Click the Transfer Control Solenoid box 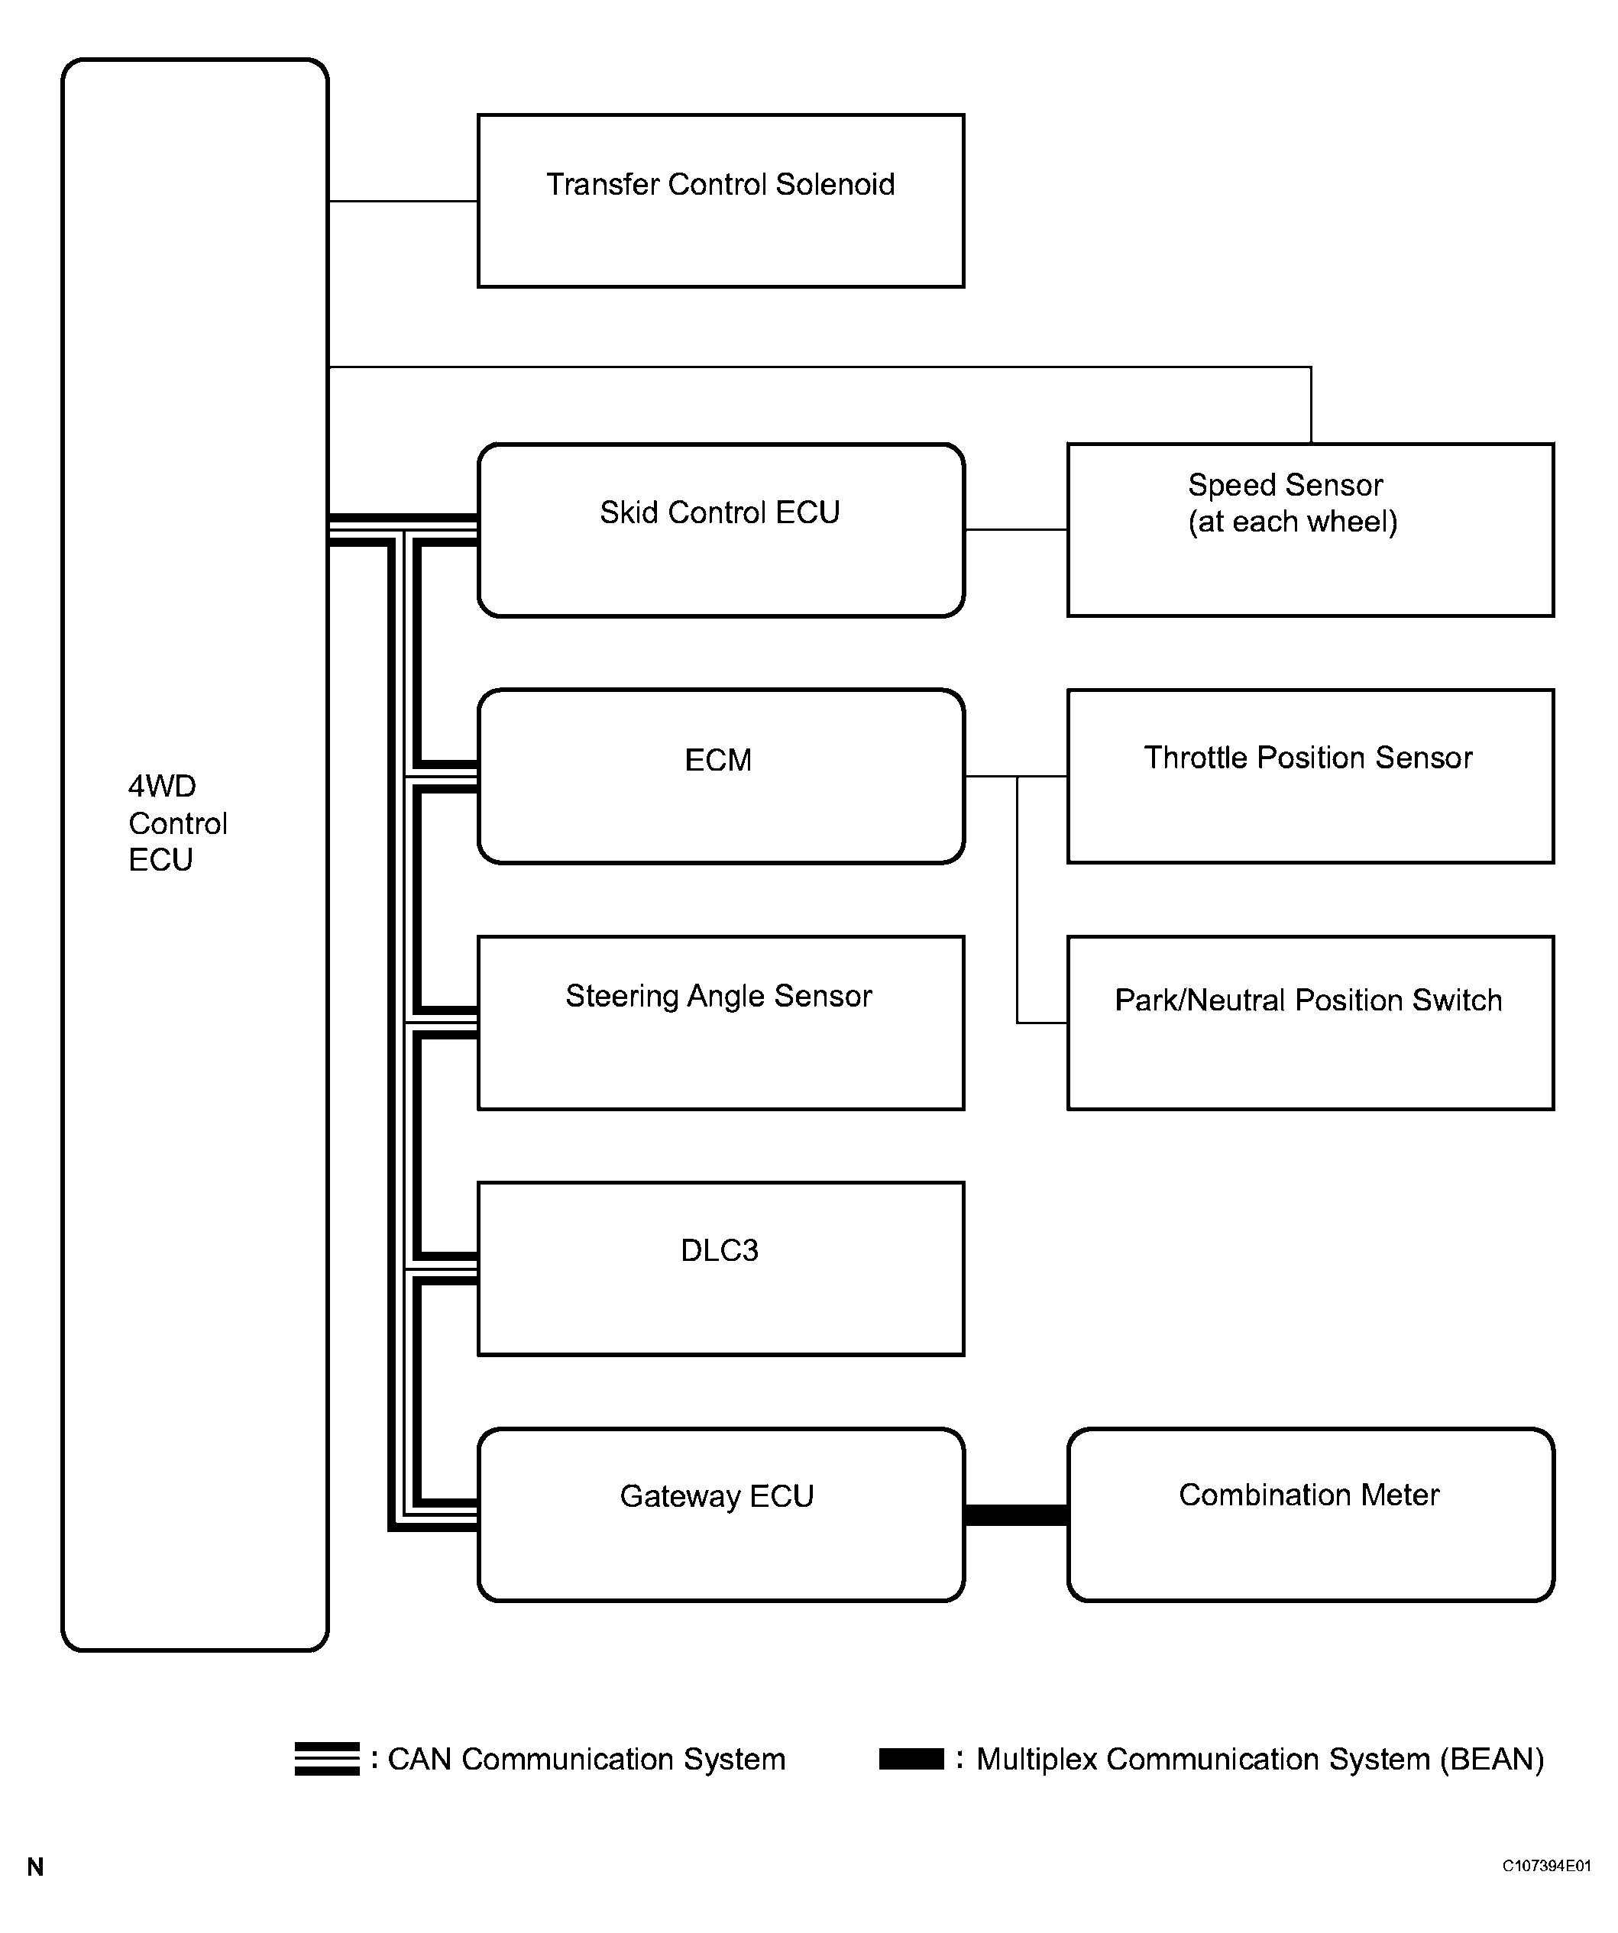coord(720,201)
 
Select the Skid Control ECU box coord(720,530)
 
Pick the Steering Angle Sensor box coord(720,1023)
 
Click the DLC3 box coord(720,1269)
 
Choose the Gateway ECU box coord(720,1514)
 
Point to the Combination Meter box coord(1309,1514)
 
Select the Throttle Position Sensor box coord(1309,776)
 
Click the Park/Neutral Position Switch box coord(1309,1023)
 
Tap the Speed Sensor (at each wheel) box coord(1309,530)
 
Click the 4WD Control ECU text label coord(176,823)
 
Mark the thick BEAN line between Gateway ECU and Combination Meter coord(1016,1515)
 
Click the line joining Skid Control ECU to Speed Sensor coord(1016,529)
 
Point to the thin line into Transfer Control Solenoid coord(403,201)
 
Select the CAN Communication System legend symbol coord(327,1759)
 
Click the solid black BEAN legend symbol coord(911,1759)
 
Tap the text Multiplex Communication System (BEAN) coord(1259,1759)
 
